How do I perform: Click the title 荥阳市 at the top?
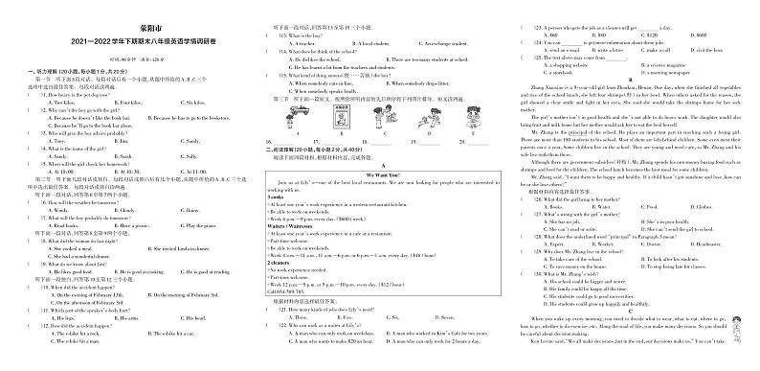pos(130,30)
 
